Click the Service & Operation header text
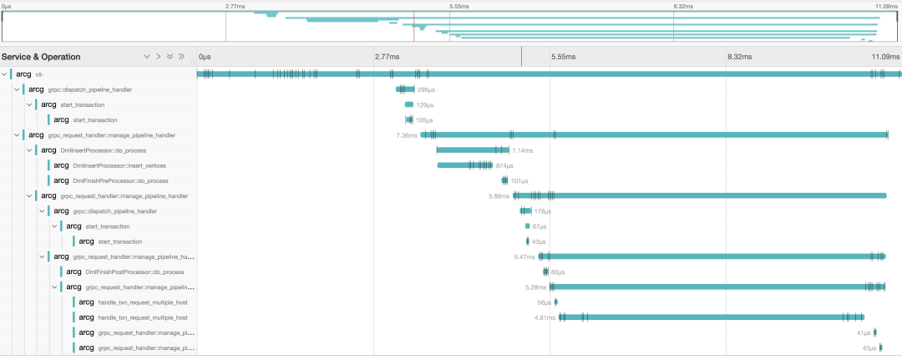click(x=41, y=57)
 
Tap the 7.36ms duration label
click(x=407, y=135)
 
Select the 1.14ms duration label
click(x=523, y=150)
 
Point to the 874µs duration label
click(x=504, y=165)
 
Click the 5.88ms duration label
click(x=499, y=196)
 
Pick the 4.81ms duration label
click(x=545, y=317)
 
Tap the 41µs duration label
click(x=864, y=332)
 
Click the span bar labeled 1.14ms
click(x=473, y=150)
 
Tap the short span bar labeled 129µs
click(x=409, y=104)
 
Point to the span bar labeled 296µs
click(x=405, y=89)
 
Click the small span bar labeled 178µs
click(x=526, y=211)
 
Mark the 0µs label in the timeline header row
click(x=205, y=57)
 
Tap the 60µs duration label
click(x=557, y=271)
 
